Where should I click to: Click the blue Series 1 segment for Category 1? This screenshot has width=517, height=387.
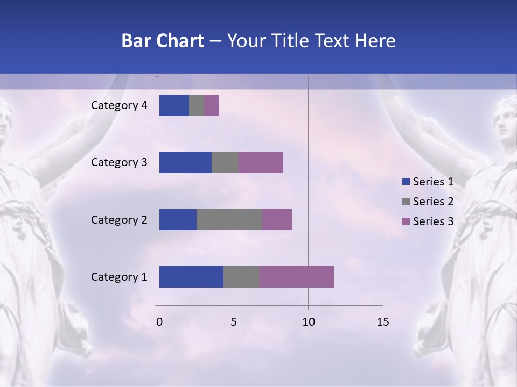click(x=191, y=277)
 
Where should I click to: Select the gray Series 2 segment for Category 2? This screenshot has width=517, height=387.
click(x=229, y=219)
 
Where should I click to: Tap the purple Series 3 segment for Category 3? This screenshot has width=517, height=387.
click(x=261, y=162)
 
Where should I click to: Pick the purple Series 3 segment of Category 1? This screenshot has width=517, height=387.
click(x=296, y=277)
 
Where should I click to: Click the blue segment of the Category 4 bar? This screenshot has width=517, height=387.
click(x=174, y=105)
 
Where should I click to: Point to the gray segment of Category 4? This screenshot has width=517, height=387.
click(x=197, y=105)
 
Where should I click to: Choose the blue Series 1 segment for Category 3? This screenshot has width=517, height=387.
click(x=185, y=162)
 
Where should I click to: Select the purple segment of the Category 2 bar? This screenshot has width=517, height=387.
click(x=277, y=219)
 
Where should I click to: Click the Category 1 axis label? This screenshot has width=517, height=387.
click(x=119, y=277)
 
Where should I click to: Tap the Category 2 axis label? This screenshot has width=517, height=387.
click(x=119, y=219)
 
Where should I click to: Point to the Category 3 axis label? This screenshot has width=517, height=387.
click(x=119, y=162)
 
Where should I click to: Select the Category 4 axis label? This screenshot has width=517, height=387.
click(x=119, y=105)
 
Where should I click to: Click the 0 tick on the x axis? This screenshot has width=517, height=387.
click(x=159, y=322)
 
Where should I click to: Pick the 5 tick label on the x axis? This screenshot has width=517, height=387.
click(x=234, y=322)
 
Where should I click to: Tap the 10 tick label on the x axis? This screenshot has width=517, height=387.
click(x=308, y=322)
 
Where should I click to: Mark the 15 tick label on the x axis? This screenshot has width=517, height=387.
click(x=382, y=322)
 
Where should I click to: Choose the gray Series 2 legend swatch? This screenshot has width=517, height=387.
click(x=406, y=202)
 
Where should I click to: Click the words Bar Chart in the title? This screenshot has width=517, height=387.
click(x=163, y=41)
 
